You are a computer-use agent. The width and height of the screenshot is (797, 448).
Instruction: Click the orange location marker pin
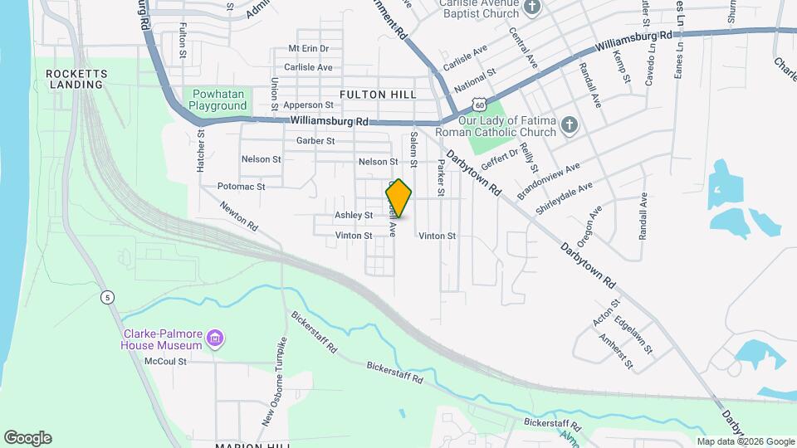[x=399, y=198]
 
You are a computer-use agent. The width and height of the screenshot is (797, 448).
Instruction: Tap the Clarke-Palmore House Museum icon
[x=216, y=338]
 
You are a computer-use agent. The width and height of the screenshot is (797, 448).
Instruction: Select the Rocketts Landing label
[x=75, y=79]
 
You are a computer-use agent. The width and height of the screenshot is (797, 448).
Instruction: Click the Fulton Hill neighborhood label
[x=378, y=95]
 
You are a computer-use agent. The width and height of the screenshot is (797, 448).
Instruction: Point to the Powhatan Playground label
[x=218, y=100]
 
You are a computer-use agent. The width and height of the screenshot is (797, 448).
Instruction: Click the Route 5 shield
[x=107, y=297]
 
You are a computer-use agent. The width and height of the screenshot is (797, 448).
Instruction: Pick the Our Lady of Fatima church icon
[x=569, y=125]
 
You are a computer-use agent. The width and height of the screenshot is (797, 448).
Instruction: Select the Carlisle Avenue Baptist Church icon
[x=532, y=7]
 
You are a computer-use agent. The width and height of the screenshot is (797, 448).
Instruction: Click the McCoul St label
[x=165, y=361]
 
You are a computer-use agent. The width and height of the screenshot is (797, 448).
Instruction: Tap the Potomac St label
[x=241, y=187]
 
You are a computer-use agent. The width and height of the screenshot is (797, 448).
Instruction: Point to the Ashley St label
[x=354, y=215]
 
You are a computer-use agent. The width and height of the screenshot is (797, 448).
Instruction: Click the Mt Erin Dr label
[x=308, y=49]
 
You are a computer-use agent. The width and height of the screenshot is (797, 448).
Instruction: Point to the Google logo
[x=27, y=438]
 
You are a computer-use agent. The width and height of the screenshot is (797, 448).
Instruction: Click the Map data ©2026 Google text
[x=745, y=441]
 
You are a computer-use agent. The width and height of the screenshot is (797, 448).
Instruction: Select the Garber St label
[x=315, y=141]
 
